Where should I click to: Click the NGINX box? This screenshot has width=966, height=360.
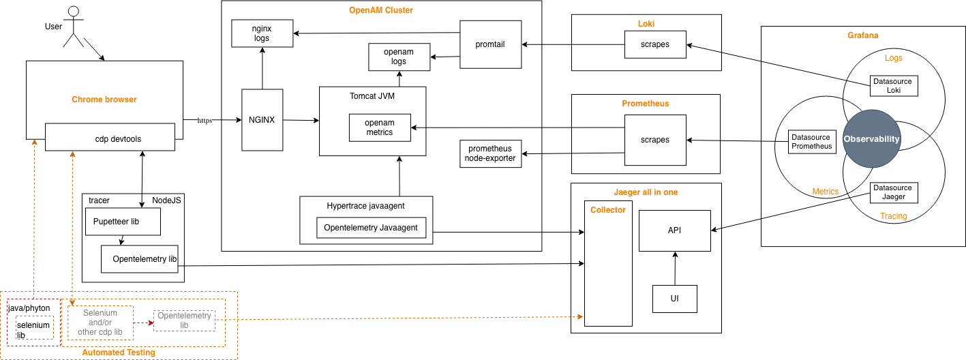point(262,120)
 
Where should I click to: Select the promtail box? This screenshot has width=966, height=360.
point(491,44)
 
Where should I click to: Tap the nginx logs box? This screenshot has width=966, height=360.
point(262,33)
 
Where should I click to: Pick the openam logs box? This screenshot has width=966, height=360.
point(399,57)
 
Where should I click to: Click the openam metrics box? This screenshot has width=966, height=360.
point(380,127)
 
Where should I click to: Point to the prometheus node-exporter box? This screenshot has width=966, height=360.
point(491,153)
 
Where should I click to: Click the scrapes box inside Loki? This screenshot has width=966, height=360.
point(655,45)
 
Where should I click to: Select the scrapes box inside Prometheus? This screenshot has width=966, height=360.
point(655,140)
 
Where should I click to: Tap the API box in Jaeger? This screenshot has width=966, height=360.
point(674,230)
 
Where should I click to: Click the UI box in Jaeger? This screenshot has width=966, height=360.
point(675,299)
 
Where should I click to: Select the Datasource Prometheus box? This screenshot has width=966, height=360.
point(811,141)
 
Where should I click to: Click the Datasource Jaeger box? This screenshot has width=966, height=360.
point(894,192)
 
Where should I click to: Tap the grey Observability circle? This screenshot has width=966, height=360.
point(871,139)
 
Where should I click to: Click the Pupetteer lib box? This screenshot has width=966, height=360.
point(122,222)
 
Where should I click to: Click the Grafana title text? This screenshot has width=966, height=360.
point(862,35)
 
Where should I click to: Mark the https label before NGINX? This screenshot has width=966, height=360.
point(205,121)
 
